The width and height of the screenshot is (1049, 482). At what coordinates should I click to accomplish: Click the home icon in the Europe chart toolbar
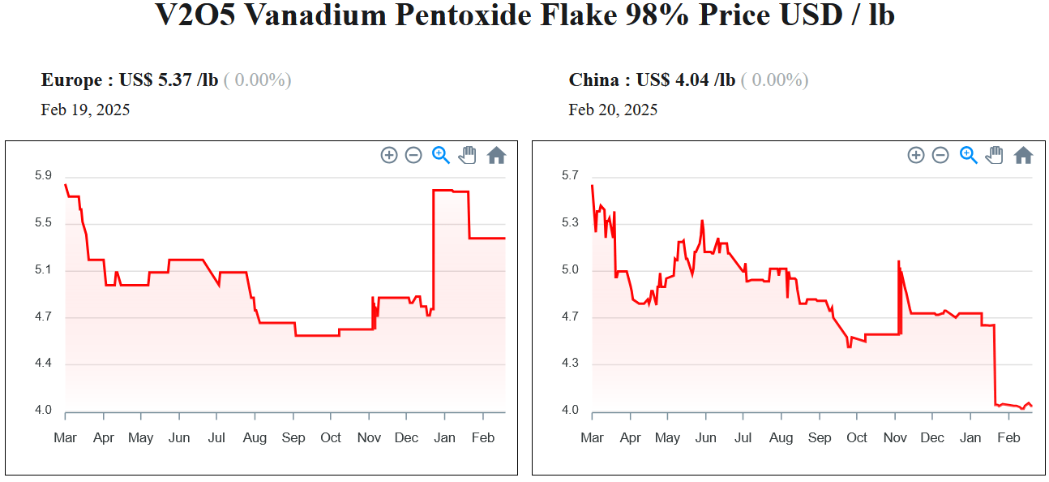coord(496,155)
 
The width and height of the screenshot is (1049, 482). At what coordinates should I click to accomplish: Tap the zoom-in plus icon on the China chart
coord(916,155)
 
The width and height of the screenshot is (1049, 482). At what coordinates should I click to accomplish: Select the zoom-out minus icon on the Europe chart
coord(413,155)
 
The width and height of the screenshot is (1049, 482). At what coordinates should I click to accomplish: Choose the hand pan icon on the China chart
coord(994,155)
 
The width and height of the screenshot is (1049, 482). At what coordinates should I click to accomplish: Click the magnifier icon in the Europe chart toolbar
coord(441,155)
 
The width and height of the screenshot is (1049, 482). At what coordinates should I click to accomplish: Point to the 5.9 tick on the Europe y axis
coord(43,176)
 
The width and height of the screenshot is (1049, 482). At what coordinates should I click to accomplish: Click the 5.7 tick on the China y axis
coord(570,176)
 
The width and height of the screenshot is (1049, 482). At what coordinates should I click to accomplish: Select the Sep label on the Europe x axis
coord(293,438)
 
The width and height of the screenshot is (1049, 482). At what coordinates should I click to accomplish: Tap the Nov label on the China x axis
coord(895,438)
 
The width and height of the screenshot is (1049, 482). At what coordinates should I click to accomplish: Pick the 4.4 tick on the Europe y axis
coord(43,364)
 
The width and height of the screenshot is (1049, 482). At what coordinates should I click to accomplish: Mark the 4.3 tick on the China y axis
coord(570,364)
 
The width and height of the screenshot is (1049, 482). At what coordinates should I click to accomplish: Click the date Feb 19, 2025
coord(85,110)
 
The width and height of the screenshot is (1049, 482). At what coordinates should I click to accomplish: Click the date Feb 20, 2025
coord(613,110)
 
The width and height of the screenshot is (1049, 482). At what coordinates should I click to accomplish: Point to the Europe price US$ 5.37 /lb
coord(168,80)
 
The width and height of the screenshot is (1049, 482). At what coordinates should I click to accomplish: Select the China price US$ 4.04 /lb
coord(685,80)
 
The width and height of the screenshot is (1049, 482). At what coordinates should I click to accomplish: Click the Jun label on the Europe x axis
coord(179,438)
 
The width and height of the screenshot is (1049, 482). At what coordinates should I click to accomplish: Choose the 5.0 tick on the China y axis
coord(570,270)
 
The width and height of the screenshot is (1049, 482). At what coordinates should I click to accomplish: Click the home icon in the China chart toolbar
coord(1023,155)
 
